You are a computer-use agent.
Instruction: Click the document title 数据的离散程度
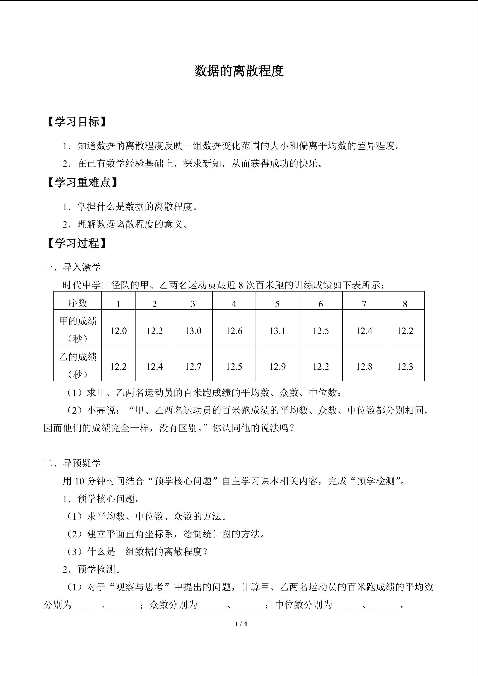click(x=239, y=71)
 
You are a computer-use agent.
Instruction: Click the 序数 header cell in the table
click(x=77, y=303)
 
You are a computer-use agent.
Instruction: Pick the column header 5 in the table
click(x=277, y=304)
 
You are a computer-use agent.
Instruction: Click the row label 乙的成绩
click(x=78, y=357)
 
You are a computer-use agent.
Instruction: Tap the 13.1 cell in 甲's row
click(x=277, y=331)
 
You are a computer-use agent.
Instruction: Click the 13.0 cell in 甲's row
click(x=193, y=331)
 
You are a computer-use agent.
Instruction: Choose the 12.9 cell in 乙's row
click(x=277, y=367)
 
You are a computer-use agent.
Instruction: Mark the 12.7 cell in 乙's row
click(x=193, y=367)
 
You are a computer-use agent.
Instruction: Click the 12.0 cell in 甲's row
click(x=118, y=331)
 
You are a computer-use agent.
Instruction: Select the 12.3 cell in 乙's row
click(x=405, y=367)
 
